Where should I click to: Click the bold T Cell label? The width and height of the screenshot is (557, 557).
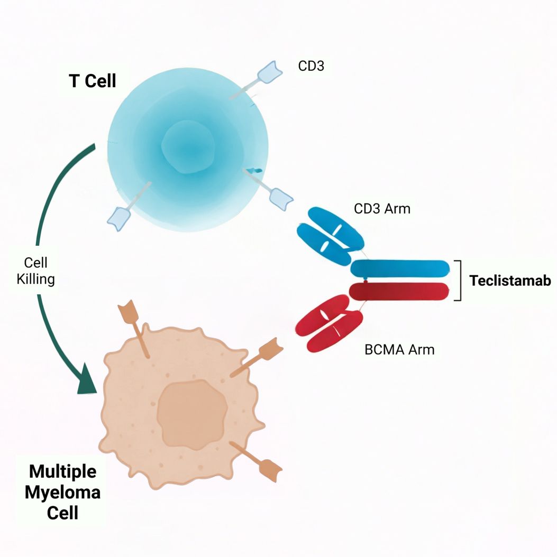click(93, 81)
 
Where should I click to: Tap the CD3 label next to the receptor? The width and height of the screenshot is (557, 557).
click(311, 66)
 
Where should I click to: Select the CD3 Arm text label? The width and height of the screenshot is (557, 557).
click(382, 209)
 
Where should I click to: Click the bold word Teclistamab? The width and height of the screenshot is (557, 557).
click(510, 281)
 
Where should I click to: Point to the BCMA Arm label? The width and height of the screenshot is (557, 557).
click(399, 349)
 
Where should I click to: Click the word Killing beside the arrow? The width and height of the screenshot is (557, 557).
click(35, 279)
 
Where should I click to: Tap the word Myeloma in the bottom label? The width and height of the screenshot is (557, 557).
click(62, 493)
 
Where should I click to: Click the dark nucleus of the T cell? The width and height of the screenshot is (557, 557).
click(188, 147)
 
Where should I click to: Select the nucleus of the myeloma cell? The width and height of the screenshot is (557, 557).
click(193, 414)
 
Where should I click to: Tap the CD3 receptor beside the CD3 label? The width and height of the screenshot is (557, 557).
click(256, 80)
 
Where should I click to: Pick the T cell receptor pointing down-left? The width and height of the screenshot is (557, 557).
click(129, 207)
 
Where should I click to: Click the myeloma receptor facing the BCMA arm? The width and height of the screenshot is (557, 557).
click(257, 357)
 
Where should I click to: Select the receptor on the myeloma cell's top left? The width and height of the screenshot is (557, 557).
click(134, 329)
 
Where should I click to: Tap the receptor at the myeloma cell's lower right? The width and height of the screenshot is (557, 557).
click(255, 462)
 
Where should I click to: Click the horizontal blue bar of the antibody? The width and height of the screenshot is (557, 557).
click(400, 268)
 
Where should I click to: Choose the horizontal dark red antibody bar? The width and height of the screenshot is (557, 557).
click(399, 291)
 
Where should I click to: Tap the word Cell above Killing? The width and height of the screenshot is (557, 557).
click(35, 263)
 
